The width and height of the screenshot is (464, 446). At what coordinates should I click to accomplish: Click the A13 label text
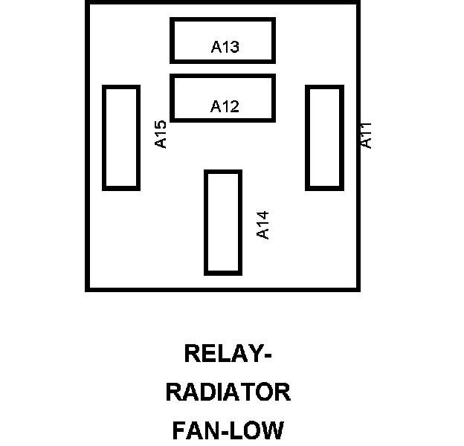coord(225,48)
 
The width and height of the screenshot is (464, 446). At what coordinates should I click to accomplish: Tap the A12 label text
coord(225,106)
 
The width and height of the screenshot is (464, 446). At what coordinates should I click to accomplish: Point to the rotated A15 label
coord(161,135)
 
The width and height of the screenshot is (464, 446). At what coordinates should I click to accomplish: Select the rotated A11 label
coord(366,135)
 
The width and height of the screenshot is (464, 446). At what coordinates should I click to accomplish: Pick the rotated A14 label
coord(262,225)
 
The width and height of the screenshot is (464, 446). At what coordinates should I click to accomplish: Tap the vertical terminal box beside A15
coord(121,138)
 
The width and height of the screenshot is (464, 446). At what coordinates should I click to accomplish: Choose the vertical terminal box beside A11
coord(324,138)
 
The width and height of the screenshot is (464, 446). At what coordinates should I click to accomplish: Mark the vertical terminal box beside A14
coord(223,222)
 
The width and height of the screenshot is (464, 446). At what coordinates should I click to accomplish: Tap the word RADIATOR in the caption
coord(228,392)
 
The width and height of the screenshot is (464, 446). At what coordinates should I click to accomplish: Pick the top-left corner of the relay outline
coord(88,3)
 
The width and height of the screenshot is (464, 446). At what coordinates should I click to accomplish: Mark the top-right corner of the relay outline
coord(358,3)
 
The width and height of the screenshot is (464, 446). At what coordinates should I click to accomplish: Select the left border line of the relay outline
coord(88,149)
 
